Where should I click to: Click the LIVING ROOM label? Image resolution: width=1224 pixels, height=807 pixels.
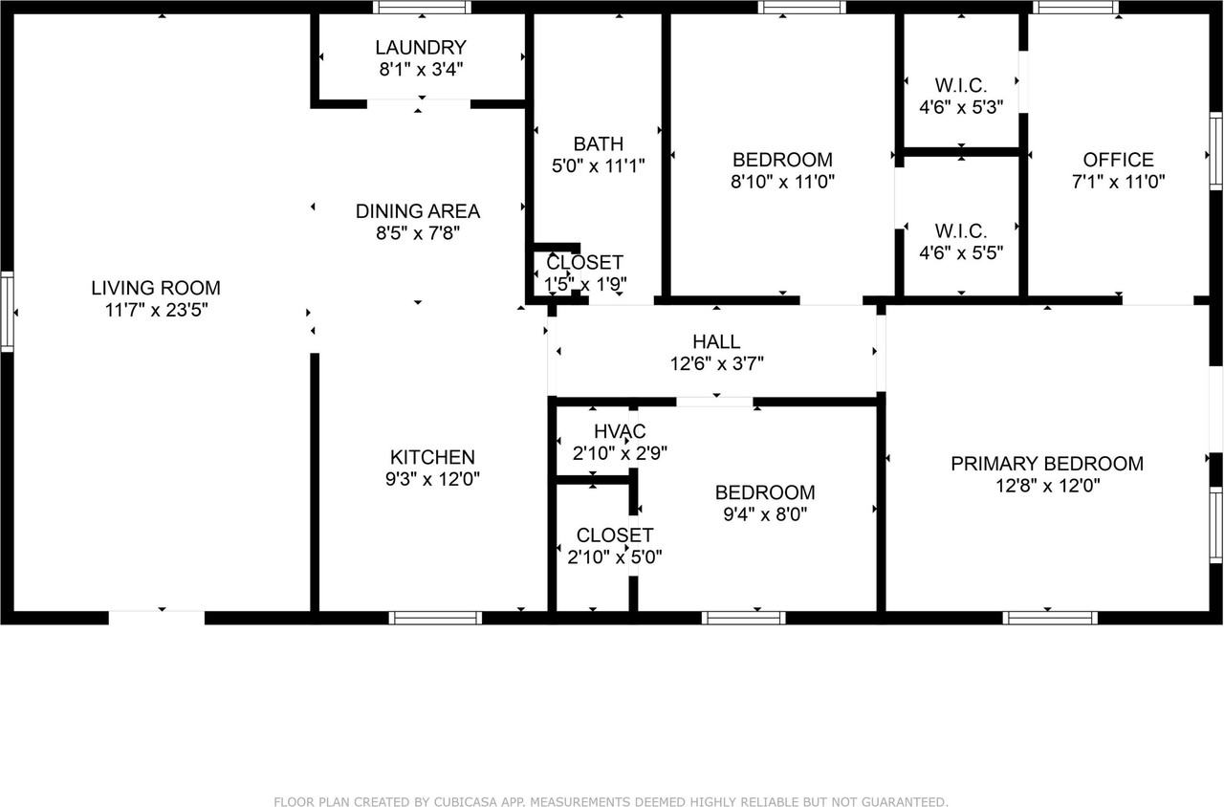click(x=156, y=288)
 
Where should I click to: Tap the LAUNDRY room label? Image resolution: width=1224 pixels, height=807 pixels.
click(x=421, y=48)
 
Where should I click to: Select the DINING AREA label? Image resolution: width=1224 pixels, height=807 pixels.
click(x=418, y=211)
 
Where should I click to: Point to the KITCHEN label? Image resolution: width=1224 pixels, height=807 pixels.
click(x=432, y=458)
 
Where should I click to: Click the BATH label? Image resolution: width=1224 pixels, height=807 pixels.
click(x=599, y=144)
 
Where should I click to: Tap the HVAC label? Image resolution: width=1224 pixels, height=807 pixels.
click(x=619, y=432)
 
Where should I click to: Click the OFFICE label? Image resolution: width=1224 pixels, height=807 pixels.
click(x=1118, y=161)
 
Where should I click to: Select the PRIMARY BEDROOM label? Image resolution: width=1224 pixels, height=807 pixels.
click(x=1046, y=464)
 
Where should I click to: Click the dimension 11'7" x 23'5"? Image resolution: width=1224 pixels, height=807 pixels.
click(x=156, y=310)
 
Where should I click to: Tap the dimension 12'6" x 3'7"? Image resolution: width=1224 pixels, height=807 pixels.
click(x=716, y=363)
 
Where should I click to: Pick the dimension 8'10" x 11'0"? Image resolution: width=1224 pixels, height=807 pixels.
click(x=782, y=181)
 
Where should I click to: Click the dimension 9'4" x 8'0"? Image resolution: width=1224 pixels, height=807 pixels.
click(x=765, y=513)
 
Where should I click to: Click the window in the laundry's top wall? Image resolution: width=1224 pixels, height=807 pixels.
click(x=422, y=8)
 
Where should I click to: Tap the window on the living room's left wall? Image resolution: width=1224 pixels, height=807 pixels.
click(x=7, y=311)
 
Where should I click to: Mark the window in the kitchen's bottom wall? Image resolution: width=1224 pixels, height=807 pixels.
click(x=435, y=618)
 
